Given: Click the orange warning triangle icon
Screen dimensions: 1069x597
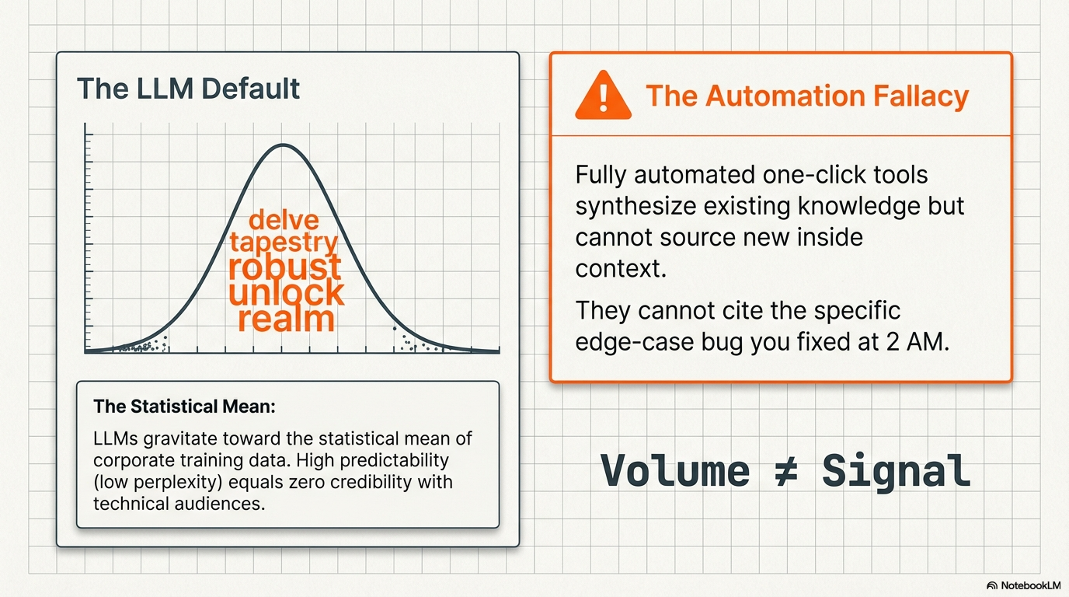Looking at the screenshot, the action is (603, 96).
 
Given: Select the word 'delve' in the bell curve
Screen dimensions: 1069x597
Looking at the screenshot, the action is (284, 221).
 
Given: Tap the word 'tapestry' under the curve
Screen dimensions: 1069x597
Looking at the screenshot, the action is (284, 243).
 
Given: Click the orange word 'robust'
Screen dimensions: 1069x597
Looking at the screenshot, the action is (285, 267).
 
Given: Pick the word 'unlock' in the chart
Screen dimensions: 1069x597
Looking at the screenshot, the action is (287, 292).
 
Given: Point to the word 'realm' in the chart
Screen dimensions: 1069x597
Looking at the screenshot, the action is (287, 319).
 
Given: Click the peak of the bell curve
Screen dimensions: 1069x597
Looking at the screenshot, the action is (283, 145).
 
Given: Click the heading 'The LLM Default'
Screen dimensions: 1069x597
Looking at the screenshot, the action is (188, 89).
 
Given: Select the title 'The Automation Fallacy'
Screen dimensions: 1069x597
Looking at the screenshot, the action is (807, 96).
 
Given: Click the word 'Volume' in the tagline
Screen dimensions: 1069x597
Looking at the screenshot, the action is (675, 471).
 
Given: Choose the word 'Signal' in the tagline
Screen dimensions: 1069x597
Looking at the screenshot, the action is (897, 472).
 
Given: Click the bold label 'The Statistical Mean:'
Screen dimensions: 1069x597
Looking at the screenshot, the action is (184, 407).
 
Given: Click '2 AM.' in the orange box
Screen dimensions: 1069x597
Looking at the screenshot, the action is (918, 342).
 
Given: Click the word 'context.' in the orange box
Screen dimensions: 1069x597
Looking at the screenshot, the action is (621, 269).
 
